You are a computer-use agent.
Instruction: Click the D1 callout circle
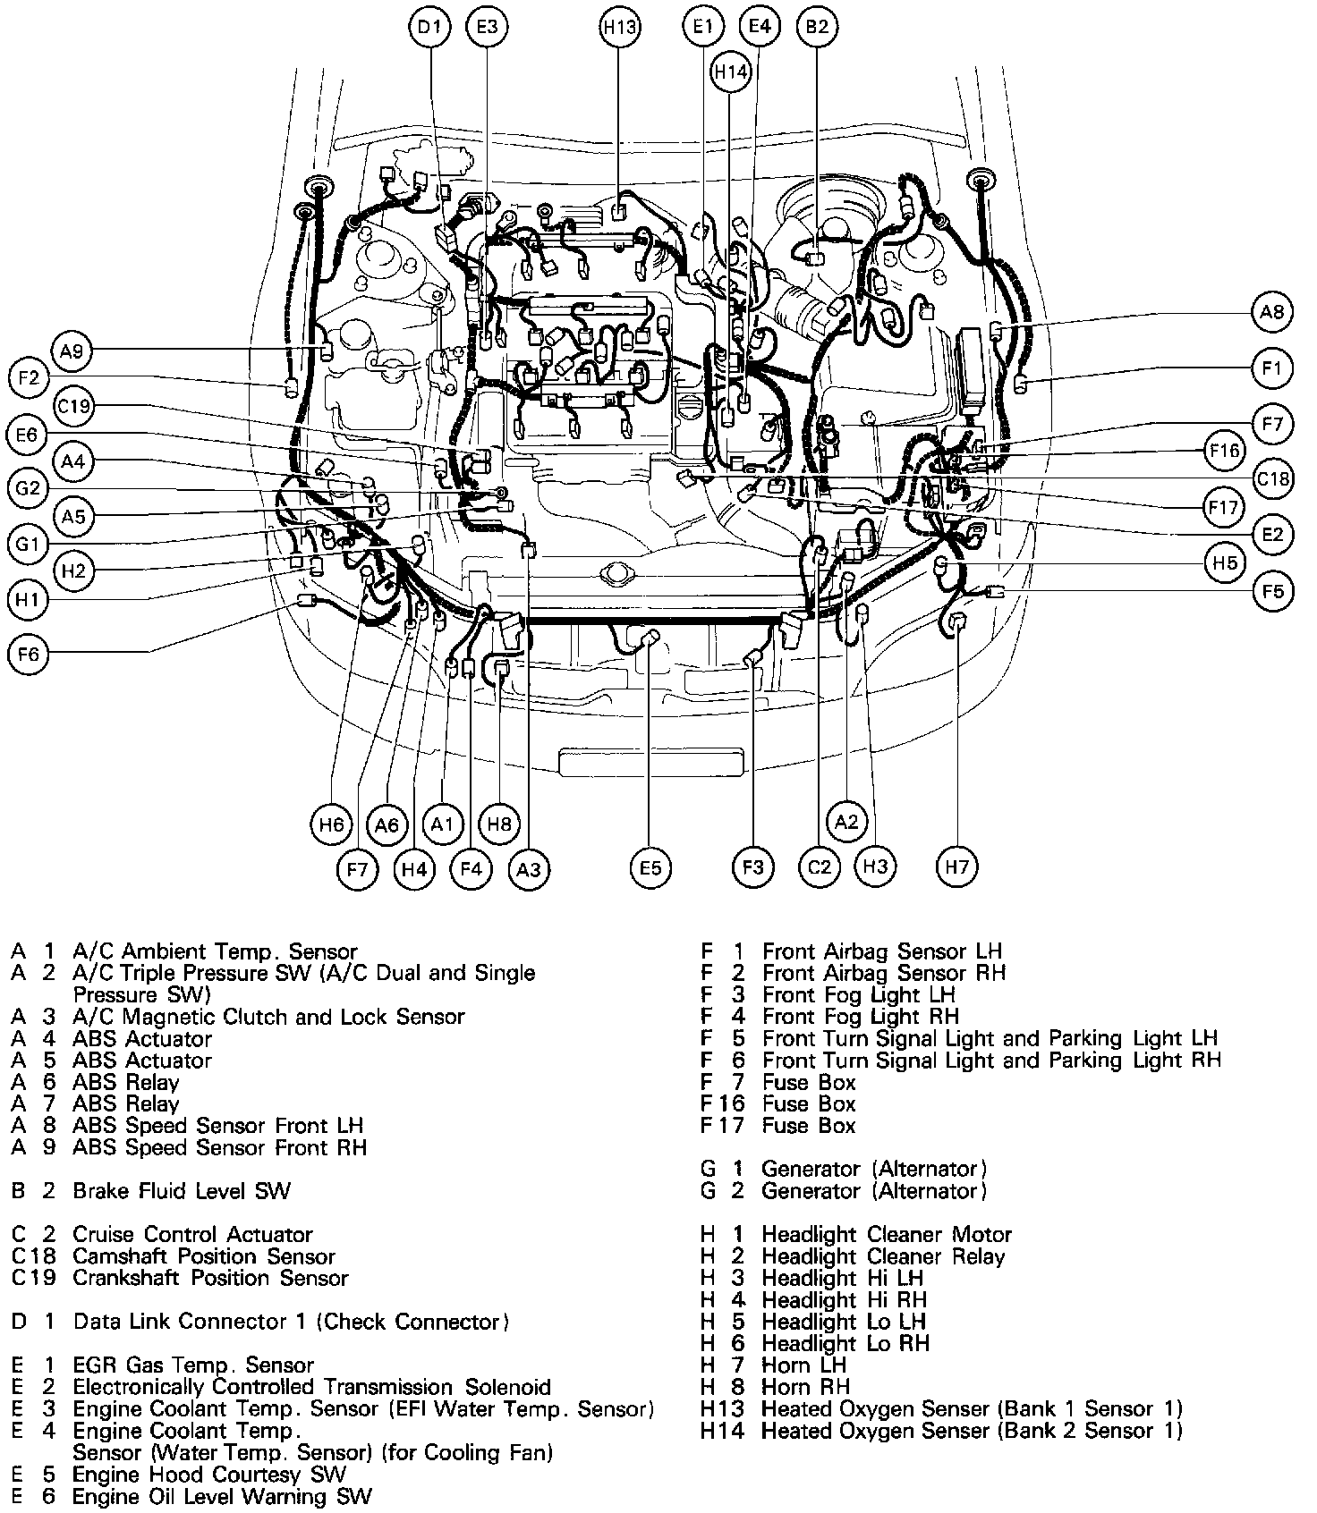point(430,27)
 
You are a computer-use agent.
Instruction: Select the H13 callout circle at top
point(619,27)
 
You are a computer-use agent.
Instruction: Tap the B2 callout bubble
point(817,27)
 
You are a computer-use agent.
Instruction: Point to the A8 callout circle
point(1271,311)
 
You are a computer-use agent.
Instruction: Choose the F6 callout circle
point(29,655)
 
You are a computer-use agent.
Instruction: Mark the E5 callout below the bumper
point(650,867)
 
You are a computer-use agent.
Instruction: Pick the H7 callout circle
point(956,866)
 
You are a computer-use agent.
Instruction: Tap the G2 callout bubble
point(29,488)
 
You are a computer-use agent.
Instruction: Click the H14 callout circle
point(730,72)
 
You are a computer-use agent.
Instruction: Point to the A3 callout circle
point(529,868)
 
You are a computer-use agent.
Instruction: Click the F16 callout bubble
point(1224,450)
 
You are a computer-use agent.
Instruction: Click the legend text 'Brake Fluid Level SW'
point(182,1190)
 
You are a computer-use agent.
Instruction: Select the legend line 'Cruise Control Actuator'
point(192,1235)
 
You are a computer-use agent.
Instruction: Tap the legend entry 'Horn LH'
point(803,1365)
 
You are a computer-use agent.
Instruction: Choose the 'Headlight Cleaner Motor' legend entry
point(886,1235)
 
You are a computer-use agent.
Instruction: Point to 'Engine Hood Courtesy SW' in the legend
point(208,1475)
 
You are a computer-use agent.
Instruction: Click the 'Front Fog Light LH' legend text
point(858,994)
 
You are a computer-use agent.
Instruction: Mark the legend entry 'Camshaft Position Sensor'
point(203,1256)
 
